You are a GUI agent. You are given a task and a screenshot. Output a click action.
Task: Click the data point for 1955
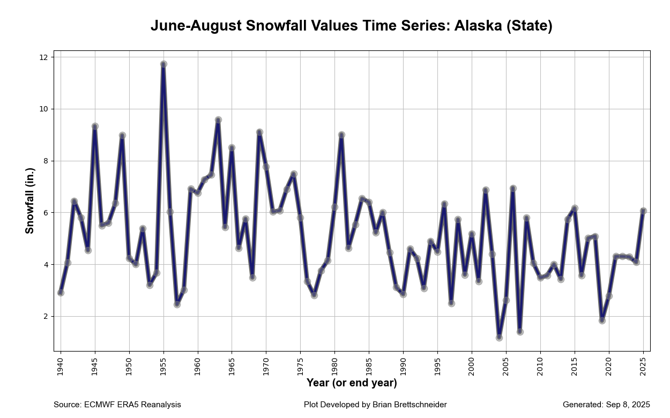pyautogui.click(x=163, y=64)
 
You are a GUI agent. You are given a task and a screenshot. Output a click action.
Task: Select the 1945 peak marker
pyautogui.click(x=95, y=126)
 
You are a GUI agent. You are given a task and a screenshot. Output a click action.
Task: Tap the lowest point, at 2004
pyautogui.click(x=499, y=338)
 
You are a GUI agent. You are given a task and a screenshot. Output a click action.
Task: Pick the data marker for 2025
pyautogui.click(x=643, y=211)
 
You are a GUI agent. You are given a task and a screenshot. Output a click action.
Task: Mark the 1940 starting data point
pyautogui.click(x=61, y=293)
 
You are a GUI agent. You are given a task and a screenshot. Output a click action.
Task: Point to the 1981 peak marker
pyautogui.click(x=341, y=135)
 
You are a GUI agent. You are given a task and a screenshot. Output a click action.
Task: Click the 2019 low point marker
pyautogui.click(x=602, y=320)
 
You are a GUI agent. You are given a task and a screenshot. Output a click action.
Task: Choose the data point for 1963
pyautogui.click(x=218, y=120)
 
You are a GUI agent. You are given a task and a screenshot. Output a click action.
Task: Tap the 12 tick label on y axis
pyautogui.click(x=43, y=57)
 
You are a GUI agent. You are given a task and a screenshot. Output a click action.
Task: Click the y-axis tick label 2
pyautogui.click(x=45, y=316)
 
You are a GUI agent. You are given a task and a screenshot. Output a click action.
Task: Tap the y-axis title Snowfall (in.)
pyautogui.click(x=30, y=201)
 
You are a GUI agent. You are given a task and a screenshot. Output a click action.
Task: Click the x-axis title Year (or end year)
pyautogui.click(x=352, y=383)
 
